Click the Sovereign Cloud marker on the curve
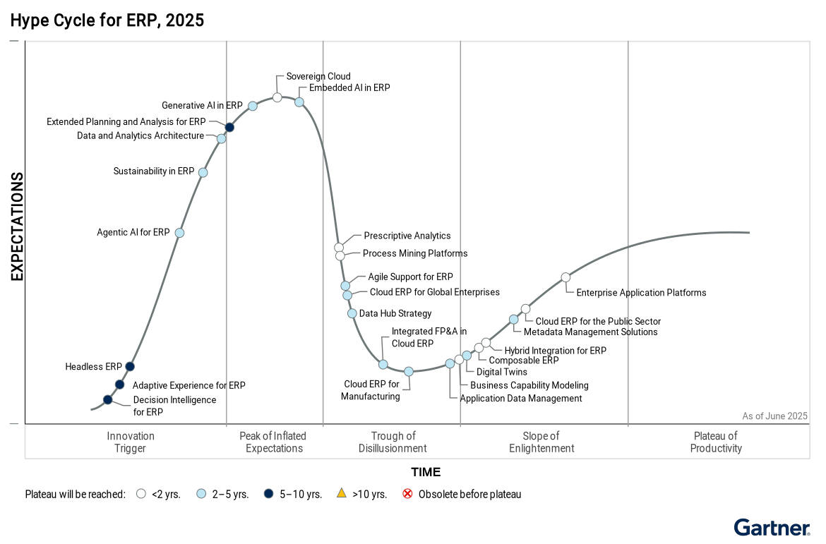(277, 97)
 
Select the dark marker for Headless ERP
(130, 366)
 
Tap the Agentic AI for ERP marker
(179, 233)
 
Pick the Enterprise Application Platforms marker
(565, 277)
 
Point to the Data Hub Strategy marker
(352, 313)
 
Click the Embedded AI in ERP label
(349, 88)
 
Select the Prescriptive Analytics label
(407, 236)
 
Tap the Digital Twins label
(502, 372)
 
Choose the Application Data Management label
(521, 399)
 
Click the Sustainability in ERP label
(154, 171)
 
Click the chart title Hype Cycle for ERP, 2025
(107, 20)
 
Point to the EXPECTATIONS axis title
(17, 226)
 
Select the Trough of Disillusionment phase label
(393, 442)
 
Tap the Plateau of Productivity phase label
(716, 442)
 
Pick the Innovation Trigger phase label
(131, 442)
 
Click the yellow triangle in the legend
(342, 494)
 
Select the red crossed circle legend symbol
(407, 494)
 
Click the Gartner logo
(772, 528)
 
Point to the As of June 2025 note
(774, 416)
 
